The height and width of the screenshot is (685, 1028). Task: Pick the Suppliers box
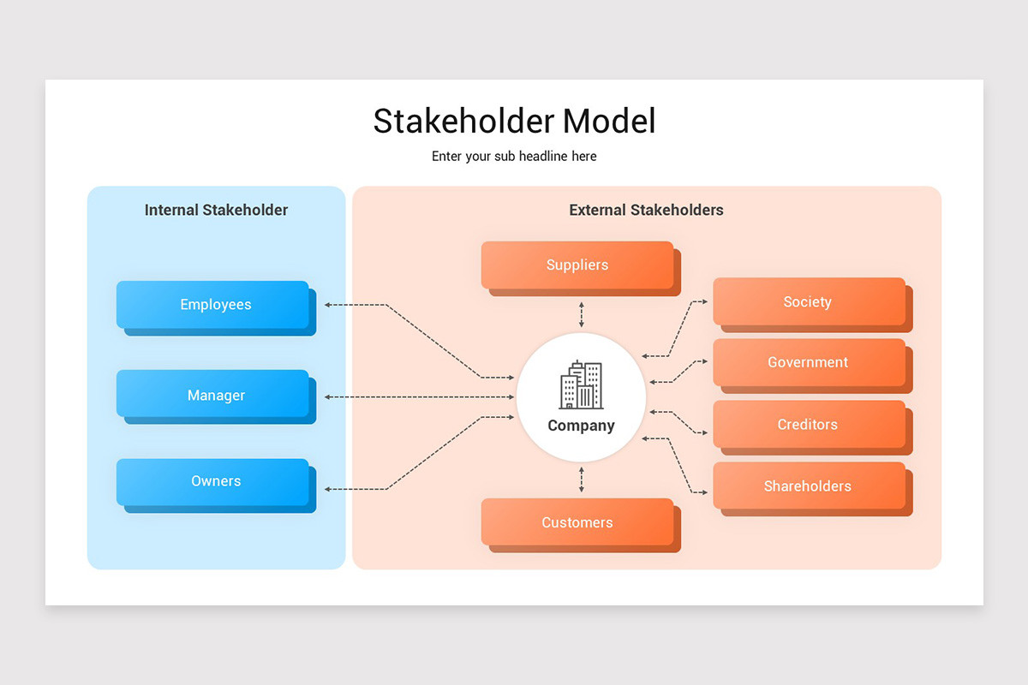577,265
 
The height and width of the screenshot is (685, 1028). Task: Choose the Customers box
577,522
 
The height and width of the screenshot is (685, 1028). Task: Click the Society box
809,302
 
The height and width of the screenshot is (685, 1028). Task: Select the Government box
809,362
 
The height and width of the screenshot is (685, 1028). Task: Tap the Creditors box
809,425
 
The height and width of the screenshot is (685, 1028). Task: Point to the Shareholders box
809,486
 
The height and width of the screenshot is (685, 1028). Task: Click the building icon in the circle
581,385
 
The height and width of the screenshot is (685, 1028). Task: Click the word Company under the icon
581,426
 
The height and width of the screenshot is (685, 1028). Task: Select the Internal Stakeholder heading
216,210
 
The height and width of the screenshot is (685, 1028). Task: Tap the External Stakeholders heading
646,210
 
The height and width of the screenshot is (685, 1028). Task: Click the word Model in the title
609,121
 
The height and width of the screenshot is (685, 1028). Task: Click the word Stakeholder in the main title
463,121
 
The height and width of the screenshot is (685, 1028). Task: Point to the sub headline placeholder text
514,157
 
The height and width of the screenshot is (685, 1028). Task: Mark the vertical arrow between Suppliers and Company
582,314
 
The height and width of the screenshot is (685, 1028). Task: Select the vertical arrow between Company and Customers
582,479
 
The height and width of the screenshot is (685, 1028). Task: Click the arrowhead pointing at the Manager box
328,397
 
